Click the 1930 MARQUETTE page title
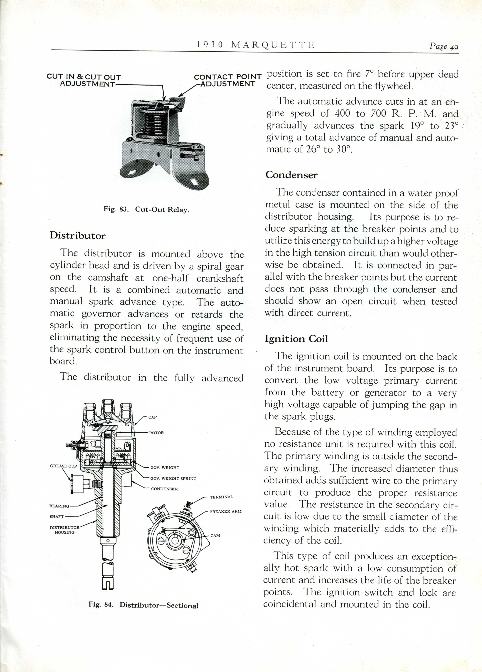[255, 45]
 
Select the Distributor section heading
[77, 235]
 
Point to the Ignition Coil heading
[296, 339]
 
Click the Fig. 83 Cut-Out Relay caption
[146, 209]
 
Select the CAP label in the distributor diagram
[152, 417]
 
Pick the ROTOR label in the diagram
[156, 433]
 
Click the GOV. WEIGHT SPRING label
[173, 478]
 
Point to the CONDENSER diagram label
[164, 489]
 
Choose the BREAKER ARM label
[225, 511]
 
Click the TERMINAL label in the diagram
[221, 497]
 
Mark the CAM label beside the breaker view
[215, 536]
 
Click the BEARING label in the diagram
[59, 506]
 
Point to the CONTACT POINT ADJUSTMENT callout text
[228, 80]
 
